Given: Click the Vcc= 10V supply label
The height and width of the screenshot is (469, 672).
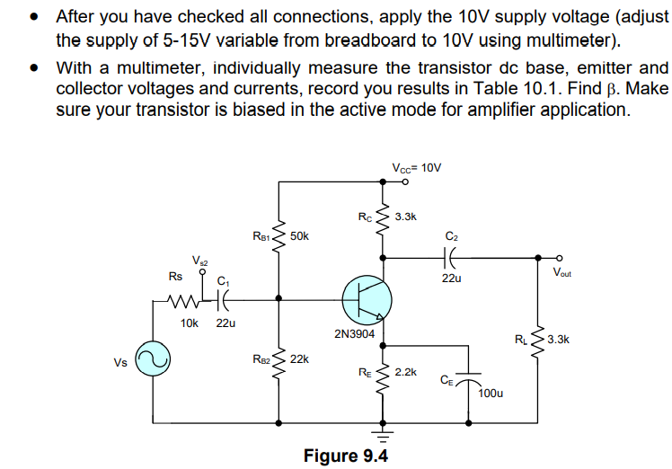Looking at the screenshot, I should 417,168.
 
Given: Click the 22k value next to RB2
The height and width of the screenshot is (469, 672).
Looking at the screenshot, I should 299,358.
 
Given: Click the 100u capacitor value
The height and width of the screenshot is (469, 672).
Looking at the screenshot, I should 491,393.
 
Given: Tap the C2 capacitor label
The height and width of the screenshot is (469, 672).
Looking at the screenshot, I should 451,236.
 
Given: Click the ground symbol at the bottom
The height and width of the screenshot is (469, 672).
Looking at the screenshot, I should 384,437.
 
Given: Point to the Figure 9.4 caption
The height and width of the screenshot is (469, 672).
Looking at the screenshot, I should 346,456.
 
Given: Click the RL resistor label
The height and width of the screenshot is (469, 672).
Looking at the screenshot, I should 522,340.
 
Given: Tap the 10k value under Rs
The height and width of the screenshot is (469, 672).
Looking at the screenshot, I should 190,322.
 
